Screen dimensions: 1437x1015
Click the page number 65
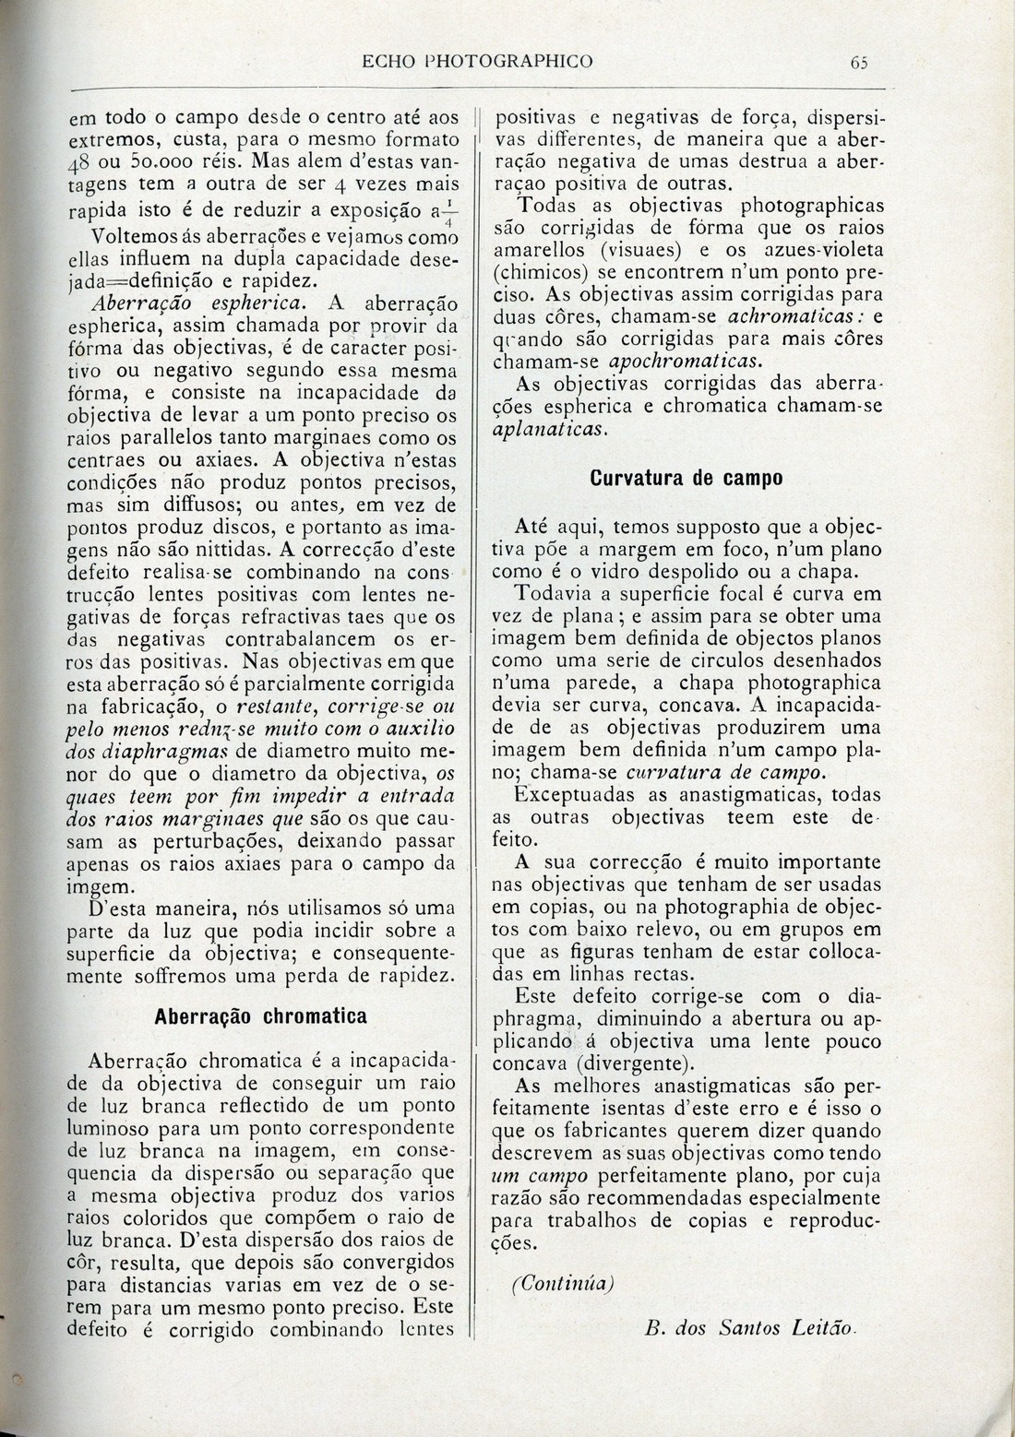tap(860, 62)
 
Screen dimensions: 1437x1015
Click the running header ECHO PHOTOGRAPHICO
tap(477, 62)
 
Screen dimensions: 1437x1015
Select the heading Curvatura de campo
tap(686, 478)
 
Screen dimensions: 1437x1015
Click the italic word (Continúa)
tap(563, 1283)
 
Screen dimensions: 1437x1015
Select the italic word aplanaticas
tap(551, 429)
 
